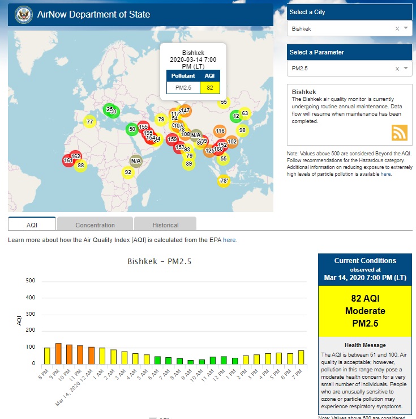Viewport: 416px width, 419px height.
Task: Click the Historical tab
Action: [x=165, y=225]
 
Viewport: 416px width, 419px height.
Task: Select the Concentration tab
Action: [x=95, y=225]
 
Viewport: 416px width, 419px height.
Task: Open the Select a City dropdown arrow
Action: [x=406, y=28]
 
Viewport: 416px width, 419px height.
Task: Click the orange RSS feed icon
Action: [x=400, y=132]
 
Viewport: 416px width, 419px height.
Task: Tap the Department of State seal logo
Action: [x=23, y=14]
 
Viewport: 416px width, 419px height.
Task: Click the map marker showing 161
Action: [x=68, y=160]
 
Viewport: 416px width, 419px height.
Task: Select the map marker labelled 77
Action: [x=89, y=122]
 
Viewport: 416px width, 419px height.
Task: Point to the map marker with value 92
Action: [x=128, y=172]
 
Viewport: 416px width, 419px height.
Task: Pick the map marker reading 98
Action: [x=242, y=130]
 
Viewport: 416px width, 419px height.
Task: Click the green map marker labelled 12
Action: [x=236, y=116]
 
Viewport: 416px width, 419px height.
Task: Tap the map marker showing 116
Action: [x=220, y=131]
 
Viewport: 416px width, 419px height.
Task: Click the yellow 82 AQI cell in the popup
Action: [x=209, y=87]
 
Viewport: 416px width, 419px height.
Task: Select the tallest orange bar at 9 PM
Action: [x=58, y=353]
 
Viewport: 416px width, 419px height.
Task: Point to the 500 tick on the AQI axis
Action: [x=31, y=281]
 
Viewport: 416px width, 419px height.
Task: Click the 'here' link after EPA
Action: [x=229, y=240]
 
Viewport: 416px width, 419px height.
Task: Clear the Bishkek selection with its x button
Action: [x=397, y=28]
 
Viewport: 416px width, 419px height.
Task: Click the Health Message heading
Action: [x=365, y=345]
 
